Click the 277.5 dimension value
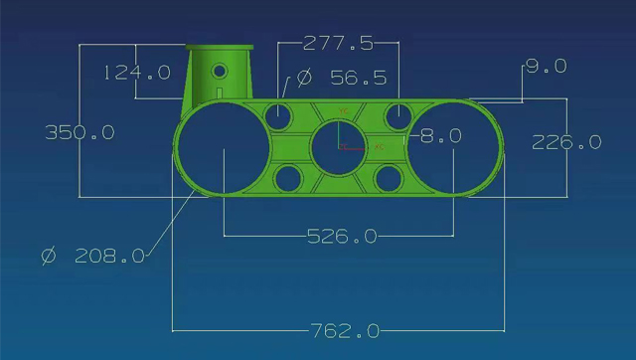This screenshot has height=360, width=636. [x=339, y=43]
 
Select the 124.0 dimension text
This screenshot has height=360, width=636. [x=137, y=73]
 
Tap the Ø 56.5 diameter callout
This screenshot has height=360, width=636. [x=342, y=78]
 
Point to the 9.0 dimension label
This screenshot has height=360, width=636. [x=546, y=67]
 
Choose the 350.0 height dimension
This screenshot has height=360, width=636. [x=79, y=132]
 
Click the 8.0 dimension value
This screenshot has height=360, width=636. [x=441, y=136]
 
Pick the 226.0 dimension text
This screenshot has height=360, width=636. [x=566, y=142]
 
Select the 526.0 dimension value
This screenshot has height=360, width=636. [x=342, y=237]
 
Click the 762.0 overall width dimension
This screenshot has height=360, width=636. [x=344, y=330]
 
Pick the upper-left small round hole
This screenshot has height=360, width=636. [x=280, y=115]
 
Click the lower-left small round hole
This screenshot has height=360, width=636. [x=288, y=179]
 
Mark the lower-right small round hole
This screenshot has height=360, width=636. [x=389, y=179]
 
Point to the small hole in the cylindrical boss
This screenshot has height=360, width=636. [x=220, y=71]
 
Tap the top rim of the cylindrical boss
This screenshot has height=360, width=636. [x=220, y=47]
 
